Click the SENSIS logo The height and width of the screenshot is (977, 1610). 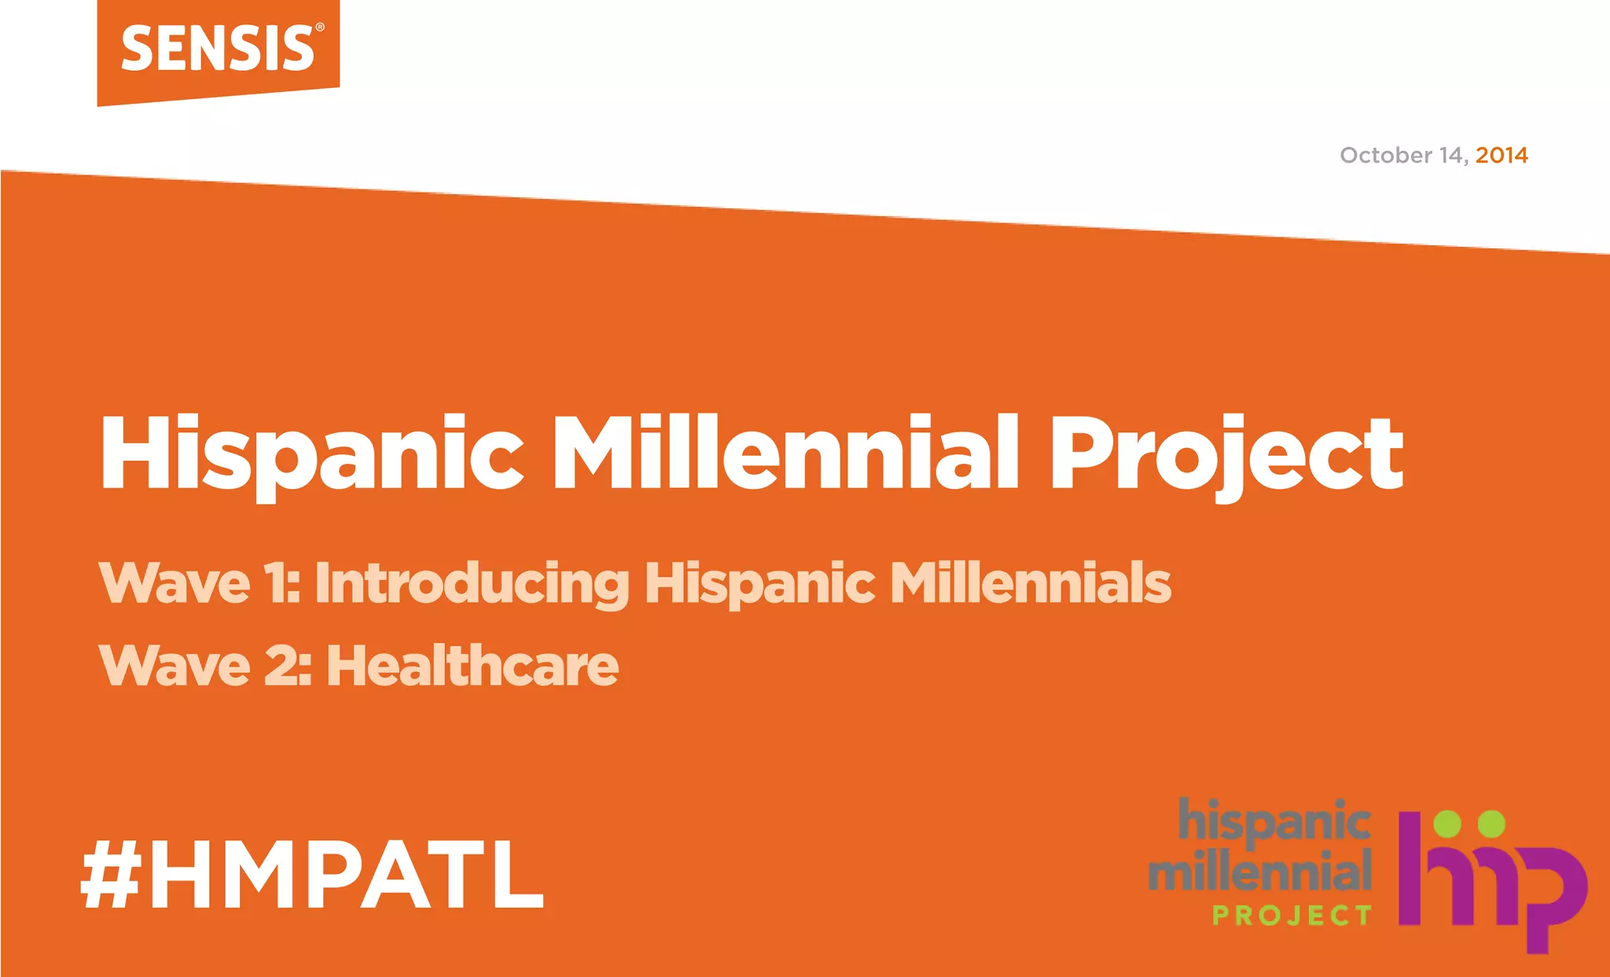[x=218, y=49]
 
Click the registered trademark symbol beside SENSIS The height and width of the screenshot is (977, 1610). [x=319, y=28]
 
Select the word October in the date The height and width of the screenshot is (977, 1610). [x=1386, y=156]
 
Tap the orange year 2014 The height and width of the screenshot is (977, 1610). [x=1502, y=156]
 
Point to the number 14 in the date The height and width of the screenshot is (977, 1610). [x=1452, y=156]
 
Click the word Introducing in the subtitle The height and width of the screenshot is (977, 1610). [x=472, y=584]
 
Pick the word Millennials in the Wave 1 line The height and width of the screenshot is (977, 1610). [x=1030, y=583]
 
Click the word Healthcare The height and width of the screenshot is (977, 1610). [x=472, y=666]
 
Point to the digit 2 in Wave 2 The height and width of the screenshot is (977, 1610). [x=281, y=666]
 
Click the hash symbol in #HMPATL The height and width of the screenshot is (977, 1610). [x=111, y=874]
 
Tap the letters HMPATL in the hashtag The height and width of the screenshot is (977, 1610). [x=347, y=874]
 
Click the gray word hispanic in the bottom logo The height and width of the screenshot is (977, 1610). [x=1274, y=821]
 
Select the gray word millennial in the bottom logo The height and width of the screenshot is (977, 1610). [x=1260, y=871]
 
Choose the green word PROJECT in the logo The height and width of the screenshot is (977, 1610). [x=1292, y=916]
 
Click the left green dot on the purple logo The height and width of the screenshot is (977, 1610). [x=1447, y=824]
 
